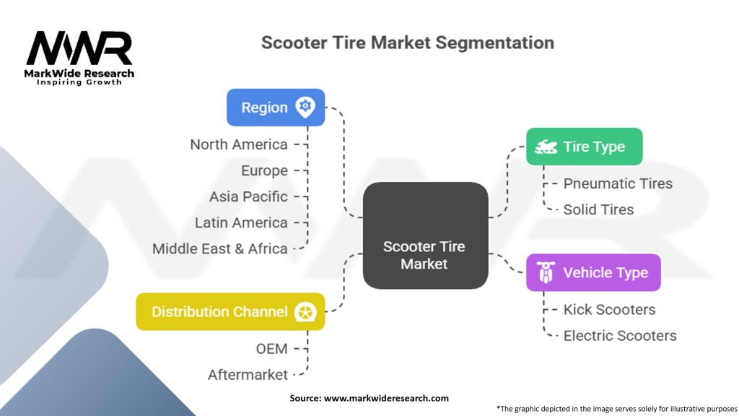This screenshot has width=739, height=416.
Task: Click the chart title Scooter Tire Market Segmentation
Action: coord(407,43)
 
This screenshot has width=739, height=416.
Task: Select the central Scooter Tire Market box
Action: coord(424,235)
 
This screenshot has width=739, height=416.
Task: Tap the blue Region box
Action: coord(276,108)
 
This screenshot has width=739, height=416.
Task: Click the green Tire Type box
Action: coord(584,147)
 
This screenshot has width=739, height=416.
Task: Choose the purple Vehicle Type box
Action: coord(592,272)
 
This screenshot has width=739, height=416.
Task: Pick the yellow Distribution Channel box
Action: coord(230,312)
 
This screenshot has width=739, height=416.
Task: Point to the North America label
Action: coord(239,144)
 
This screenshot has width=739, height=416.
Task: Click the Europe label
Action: coord(264,170)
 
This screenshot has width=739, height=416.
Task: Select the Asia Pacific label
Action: coord(248,196)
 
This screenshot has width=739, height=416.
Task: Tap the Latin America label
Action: coord(241,222)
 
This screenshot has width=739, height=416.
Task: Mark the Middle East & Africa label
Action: coord(220,248)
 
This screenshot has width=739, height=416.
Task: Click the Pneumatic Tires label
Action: coord(618,183)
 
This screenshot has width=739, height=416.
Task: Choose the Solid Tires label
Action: coord(598,209)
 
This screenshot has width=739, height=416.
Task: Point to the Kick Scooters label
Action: coord(609,309)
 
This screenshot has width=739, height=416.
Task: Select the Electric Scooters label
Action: coord(620,335)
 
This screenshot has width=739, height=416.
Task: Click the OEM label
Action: coord(271,349)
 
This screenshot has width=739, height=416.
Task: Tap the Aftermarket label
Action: coord(248,375)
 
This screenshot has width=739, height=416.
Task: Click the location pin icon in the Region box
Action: coord(305,107)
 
